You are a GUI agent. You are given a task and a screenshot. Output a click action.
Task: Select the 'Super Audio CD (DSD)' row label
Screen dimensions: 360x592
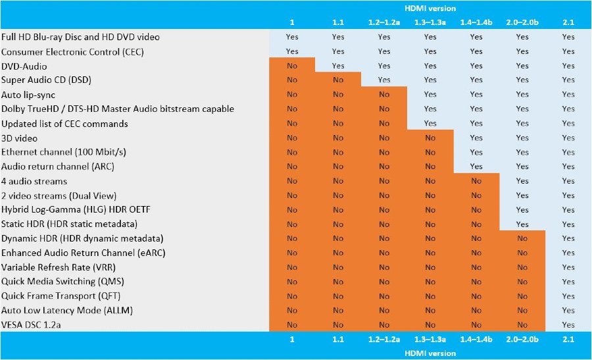click(x=46, y=80)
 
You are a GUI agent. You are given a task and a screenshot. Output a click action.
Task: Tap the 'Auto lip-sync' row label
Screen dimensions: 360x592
click(x=28, y=95)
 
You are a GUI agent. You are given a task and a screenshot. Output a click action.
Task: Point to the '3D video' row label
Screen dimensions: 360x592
click(x=20, y=138)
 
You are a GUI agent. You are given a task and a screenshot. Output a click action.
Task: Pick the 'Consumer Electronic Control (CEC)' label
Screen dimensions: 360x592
click(x=71, y=51)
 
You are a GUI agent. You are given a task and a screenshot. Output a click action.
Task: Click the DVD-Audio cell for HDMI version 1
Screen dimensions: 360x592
click(x=292, y=66)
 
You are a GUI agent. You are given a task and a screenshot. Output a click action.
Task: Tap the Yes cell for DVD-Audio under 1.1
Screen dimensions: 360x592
click(x=338, y=66)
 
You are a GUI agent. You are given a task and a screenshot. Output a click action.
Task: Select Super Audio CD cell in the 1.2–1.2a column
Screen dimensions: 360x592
click(x=384, y=80)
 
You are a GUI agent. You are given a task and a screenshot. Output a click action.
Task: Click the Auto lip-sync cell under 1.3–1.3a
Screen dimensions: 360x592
click(x=430, y=95)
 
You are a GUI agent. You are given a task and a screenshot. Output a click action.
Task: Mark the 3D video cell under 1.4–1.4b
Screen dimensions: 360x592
click(x=476, y=138)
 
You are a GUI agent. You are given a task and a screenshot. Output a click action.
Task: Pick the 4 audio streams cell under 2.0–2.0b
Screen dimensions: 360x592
click(x=522, y=181)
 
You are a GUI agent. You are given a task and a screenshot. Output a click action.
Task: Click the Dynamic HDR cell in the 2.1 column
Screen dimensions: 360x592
click(x=568, y=239)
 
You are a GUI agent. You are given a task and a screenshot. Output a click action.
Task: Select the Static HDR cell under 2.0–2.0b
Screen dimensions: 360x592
click(x=522, y=224)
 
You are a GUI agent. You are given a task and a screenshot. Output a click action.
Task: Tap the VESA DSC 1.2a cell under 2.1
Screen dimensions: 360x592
click(x=568, y=324)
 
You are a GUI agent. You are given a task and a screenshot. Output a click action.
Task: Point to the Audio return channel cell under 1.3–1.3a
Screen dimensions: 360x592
click(x=430, y=167)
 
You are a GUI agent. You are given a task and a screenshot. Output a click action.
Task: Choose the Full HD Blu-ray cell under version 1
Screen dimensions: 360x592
click(x=292, y=37)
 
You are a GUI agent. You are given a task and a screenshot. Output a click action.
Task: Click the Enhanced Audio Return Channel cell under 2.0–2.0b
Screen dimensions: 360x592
click(x=522, y=253)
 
